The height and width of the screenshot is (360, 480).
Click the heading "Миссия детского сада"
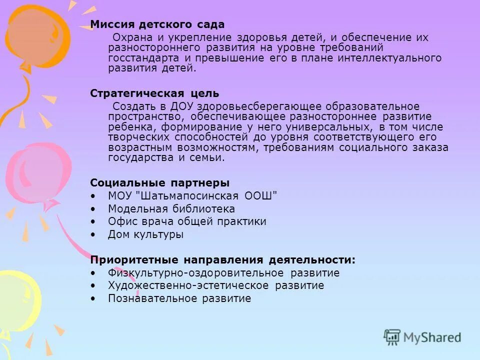tap(157, 24)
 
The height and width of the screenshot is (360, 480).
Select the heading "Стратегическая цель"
tap(154, 93)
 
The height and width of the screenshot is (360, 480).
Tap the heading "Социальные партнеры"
tap(160, 182)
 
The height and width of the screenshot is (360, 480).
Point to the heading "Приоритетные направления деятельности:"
tap(223, 260)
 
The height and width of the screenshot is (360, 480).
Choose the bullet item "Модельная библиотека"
tap(171, 208)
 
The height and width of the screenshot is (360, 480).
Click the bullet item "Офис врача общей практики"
tap(187, 221)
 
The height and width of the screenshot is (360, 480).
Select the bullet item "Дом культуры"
tap(145, 234)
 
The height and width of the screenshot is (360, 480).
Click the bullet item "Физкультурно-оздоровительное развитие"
tap(223, 273)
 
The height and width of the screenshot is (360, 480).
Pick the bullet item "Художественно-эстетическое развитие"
tap(216, 285)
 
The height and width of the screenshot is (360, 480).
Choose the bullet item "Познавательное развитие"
tap(179, 298)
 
